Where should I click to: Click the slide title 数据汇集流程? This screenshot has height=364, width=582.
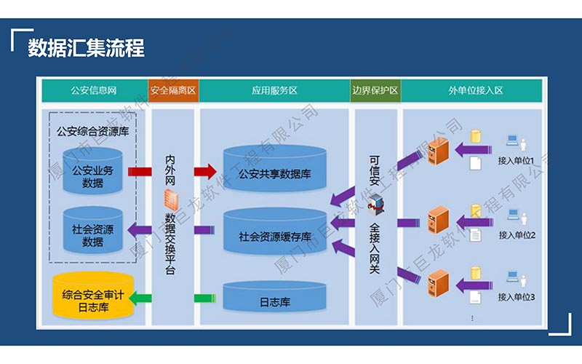[x=86, y=48]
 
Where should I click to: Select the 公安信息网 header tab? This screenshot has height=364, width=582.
[x=94, y=91]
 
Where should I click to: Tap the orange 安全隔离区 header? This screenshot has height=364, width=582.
[x=173, y=91]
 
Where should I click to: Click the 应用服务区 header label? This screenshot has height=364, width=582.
[x=274, y=91]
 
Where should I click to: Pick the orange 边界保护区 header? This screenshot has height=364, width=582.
[x=375, y=91]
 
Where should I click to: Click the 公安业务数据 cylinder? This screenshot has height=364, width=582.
[x=92, y=173]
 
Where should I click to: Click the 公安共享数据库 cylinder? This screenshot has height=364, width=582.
[x=274, y=172]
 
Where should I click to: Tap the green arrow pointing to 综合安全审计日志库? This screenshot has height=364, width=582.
[x=139, y=297]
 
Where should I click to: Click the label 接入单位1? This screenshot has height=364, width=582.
[x=517, y=161]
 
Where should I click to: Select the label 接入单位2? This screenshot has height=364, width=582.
[x=517, y=235]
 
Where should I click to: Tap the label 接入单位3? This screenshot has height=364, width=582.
[x=517, y=297]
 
